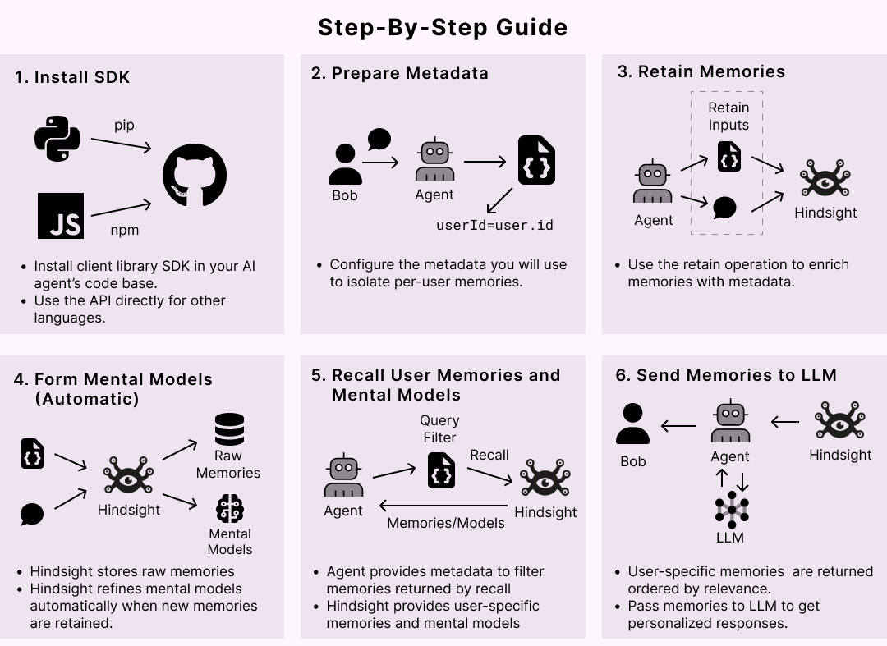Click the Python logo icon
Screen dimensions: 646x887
(57, 139)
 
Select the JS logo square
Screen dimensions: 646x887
(61, 216)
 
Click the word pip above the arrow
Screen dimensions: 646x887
(124, 125)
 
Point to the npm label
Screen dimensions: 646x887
(125, 230)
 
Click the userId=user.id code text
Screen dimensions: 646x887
(494, 224)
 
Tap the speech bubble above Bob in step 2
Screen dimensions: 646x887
(379, 139)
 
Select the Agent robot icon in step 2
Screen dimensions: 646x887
(434, 161)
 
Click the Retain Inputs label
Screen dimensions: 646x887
(728, 116)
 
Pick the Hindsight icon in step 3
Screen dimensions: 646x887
(825, 180)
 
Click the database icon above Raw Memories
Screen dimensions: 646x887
(229, 429)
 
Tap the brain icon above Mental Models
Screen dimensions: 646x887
(230, 509)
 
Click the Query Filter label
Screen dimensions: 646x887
(439, 428)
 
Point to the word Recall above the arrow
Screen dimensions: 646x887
(489, 455)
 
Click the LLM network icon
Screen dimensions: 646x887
(730, 510)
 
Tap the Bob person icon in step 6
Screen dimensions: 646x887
(632, 424)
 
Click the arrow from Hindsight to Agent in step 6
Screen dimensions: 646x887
(784, 423)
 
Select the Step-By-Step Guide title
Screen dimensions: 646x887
(443, 27)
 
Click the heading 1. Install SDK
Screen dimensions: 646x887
(72, 77)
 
